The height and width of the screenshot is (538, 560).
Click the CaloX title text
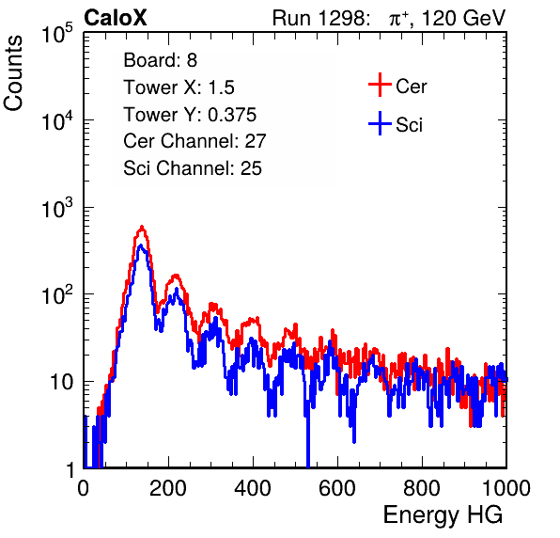[115, 18]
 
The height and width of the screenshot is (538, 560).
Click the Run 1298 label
[320, 18]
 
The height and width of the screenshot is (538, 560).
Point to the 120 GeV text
[463, 18]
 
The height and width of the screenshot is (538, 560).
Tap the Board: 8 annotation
[160, 60]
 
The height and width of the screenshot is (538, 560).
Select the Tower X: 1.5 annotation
[179, 87]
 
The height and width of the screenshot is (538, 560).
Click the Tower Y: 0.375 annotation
[190, 115]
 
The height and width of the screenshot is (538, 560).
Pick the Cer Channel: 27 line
[194, 141]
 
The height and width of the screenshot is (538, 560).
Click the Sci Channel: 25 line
[193, 168]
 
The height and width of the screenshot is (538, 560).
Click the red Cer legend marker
[380, 85]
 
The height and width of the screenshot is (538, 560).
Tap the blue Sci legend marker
[380, 124]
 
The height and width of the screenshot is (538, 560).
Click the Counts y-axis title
[13, 73]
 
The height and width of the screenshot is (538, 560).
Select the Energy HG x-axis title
[443, 515]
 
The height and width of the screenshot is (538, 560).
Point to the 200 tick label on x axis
[168, 488]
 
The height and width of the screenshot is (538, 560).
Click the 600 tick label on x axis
[337, 488]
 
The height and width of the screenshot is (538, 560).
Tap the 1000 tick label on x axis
[506, 488]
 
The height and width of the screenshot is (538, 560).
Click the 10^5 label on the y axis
[57, 34]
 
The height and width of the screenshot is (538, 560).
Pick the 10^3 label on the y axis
[57, 208]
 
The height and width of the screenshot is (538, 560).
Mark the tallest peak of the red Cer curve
[142, 227]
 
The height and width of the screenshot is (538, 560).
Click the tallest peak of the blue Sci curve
[141, 245]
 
